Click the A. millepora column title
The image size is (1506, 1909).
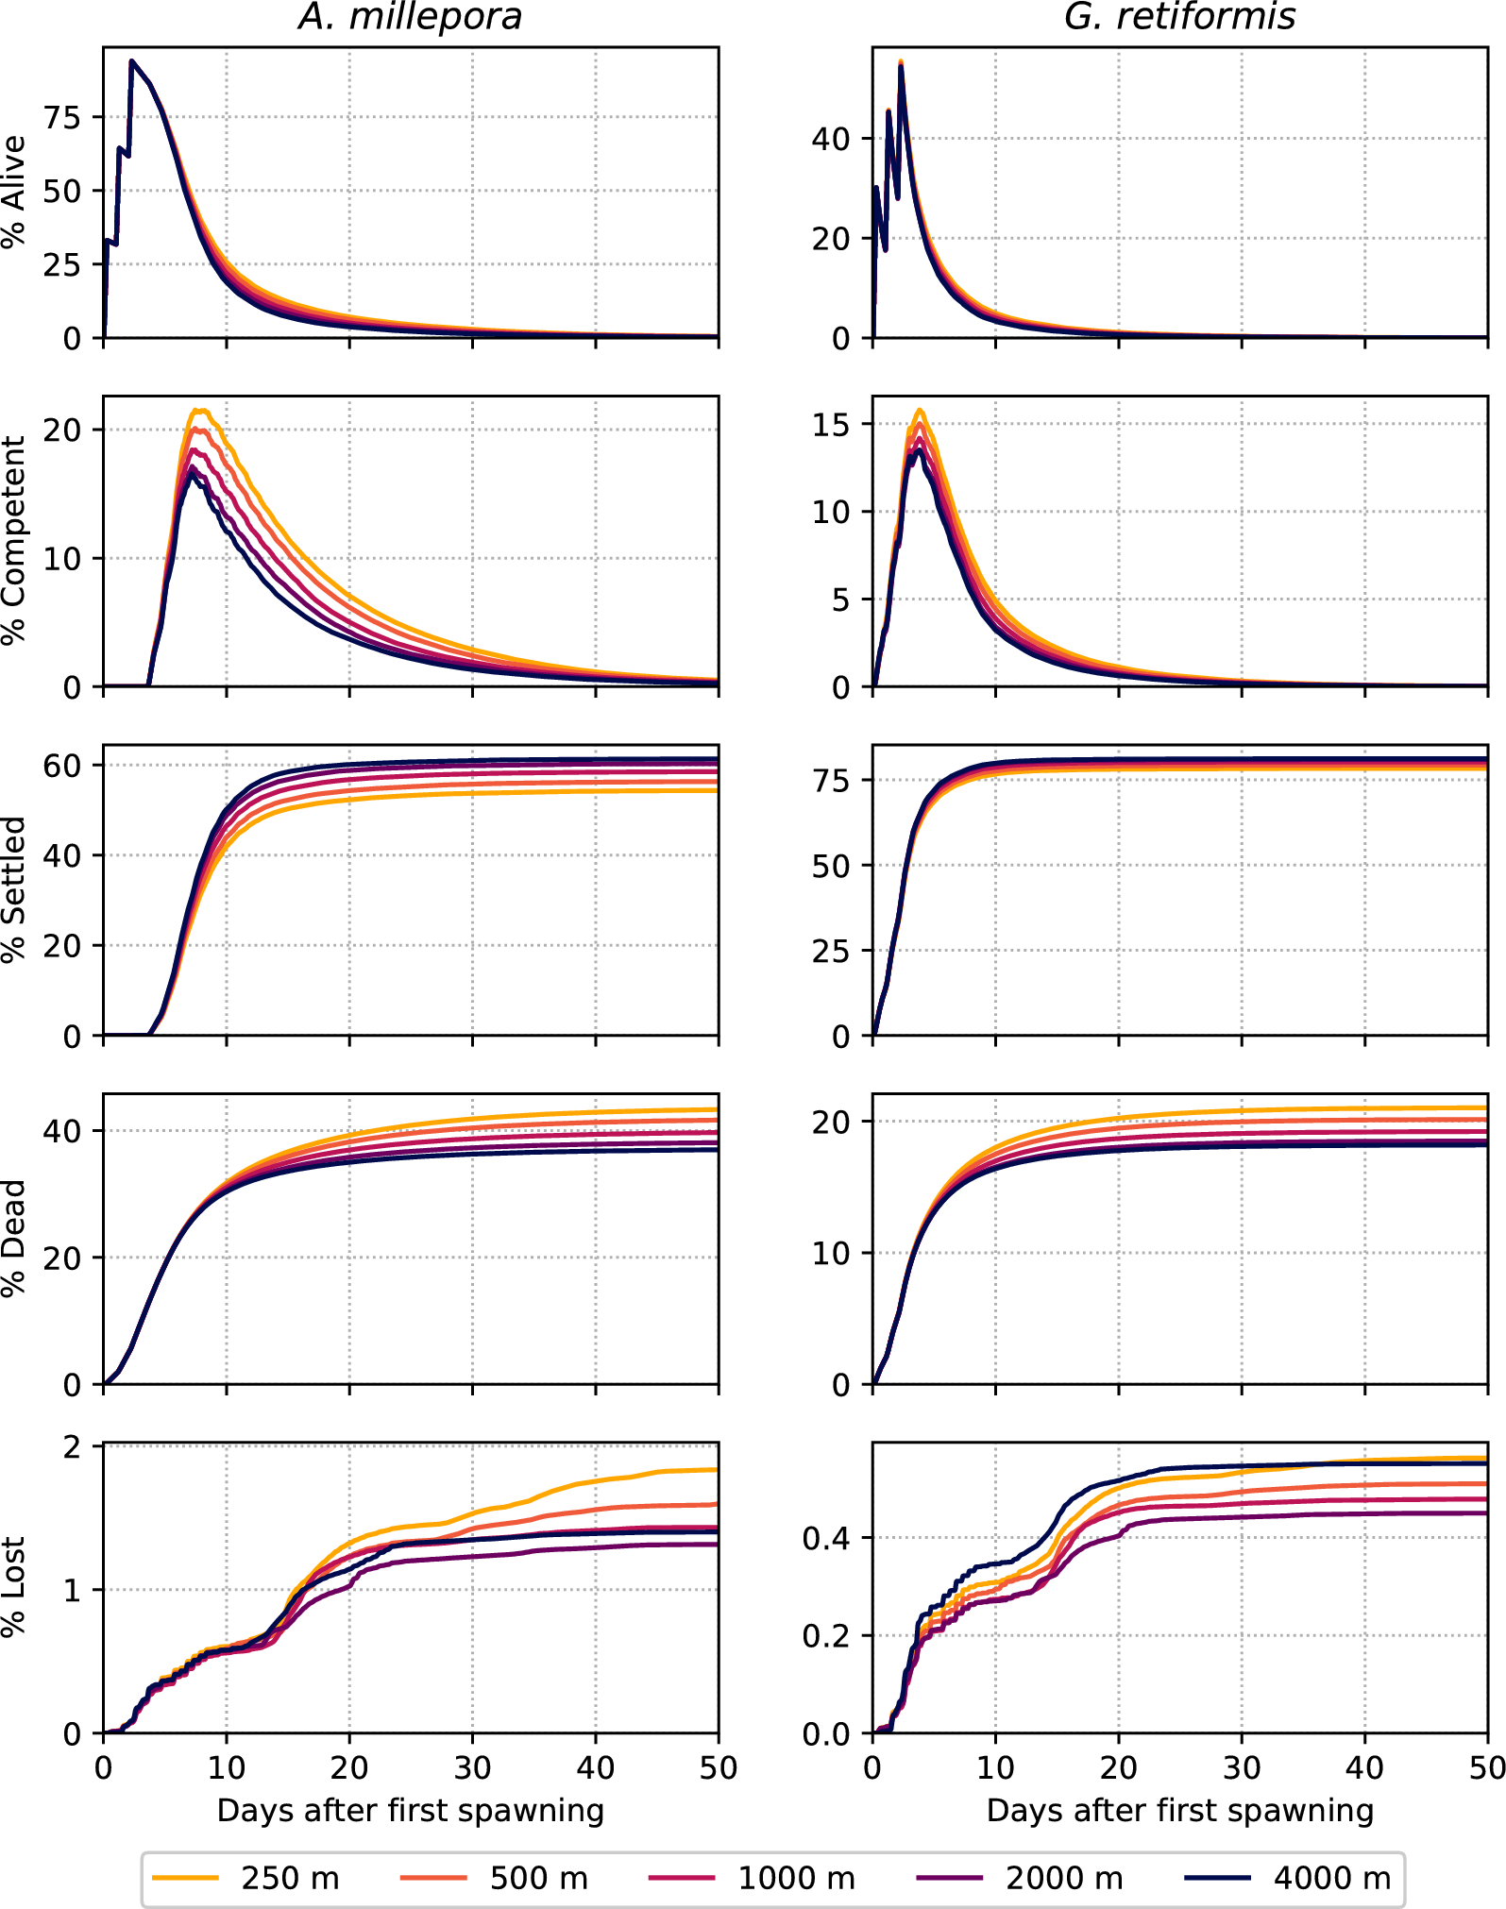point(410,17)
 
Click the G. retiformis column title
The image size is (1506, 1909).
point(1179,17)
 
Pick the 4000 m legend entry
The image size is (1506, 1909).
point(1288,1878)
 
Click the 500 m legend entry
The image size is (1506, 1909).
point(495,1878)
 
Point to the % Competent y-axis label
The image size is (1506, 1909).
point(13,541)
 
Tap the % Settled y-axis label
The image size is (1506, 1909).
point(13,889)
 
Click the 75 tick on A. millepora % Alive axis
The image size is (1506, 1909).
point(62,117)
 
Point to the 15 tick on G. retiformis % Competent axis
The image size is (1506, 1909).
point(831,425)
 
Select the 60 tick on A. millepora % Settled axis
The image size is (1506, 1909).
point(62,766)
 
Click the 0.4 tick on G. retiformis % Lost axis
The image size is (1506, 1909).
point(825,1539)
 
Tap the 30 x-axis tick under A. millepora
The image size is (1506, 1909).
point(472,1767)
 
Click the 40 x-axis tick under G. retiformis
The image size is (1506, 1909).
point(1364,1767)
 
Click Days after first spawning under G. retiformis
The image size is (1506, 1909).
point(1179,1810)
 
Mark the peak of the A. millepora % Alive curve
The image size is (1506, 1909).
point(132,61)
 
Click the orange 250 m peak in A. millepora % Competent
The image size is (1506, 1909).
point(199,410)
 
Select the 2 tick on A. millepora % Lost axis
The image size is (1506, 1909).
point(73,1446)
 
